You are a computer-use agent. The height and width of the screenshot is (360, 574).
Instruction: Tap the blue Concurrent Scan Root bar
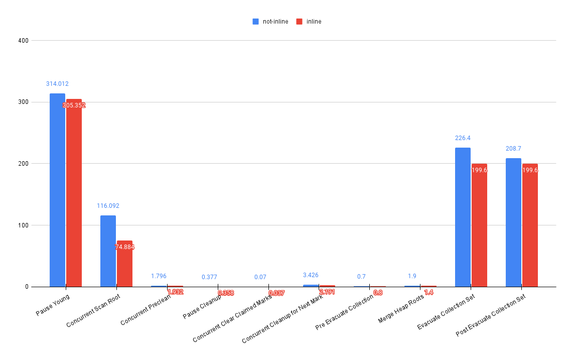pos(108,251)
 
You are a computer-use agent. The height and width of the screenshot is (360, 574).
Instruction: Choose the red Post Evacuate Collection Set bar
pos(530,226)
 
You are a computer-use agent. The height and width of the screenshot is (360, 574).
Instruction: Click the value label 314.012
pos(57,84)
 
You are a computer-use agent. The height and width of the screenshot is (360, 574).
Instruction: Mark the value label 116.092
pos(108,206)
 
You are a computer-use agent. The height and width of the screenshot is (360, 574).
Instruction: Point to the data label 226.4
pos(463,138)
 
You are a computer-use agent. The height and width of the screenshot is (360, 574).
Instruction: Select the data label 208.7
pos(513,149)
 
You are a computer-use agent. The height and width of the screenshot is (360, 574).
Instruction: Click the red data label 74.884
pos(125,247)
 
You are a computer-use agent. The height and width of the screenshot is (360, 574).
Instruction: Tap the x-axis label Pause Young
pos(53,305)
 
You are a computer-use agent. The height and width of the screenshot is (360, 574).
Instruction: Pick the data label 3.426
pos(311,275)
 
